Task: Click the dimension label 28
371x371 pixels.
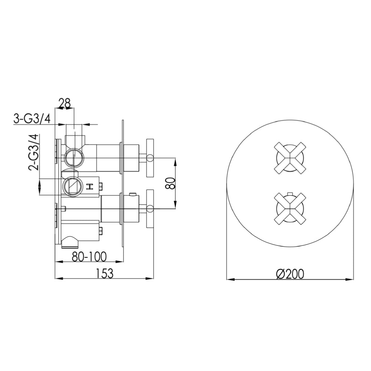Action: (x=65, y=103)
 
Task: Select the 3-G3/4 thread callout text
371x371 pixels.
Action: (x=32, y=119)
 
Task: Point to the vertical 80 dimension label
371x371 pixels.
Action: (x=170, y=183)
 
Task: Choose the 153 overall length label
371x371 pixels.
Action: (x=104, y=273)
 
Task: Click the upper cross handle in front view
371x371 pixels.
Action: (x=290, y=158)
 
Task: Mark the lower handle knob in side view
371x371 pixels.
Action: (x=150, y=209)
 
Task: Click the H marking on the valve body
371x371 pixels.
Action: (x=89, y=187)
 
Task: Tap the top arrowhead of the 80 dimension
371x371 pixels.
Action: (x=175, y=161)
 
